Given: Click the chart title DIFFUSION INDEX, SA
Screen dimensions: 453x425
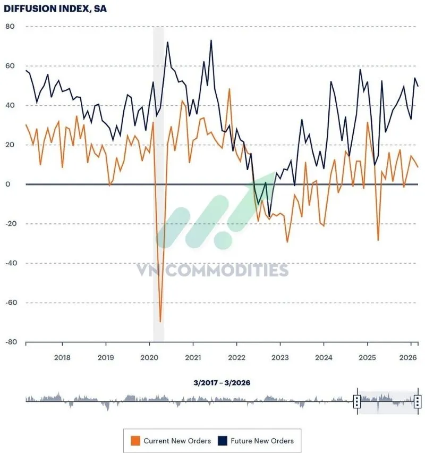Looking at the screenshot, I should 55,9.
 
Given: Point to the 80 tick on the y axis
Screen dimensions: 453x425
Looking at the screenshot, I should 10,27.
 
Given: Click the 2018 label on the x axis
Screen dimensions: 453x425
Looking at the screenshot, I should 62,357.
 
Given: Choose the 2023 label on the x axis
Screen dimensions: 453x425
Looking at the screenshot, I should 280,357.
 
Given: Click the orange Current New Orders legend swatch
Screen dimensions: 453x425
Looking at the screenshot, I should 135,440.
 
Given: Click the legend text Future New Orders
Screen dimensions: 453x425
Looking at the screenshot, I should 262,441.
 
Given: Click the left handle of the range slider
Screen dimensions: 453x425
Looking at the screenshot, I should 357,401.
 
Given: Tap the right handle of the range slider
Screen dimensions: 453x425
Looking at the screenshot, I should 418,401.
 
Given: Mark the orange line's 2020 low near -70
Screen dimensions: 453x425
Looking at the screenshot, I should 160,322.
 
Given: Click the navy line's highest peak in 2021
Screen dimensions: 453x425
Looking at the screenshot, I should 211,40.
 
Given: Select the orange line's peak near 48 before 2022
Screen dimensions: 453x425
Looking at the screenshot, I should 229,89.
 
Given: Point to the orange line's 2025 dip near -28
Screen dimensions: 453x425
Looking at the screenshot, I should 378,240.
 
